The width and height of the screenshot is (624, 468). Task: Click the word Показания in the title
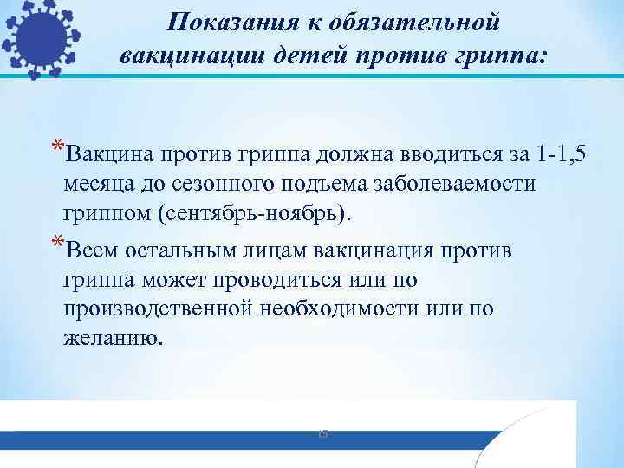pos(216,22)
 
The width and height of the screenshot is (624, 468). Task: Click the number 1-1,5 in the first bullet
pos(564,156)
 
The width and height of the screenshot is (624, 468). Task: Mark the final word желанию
pos(112,337)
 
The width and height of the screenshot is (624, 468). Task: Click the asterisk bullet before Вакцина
pos(56,147)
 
